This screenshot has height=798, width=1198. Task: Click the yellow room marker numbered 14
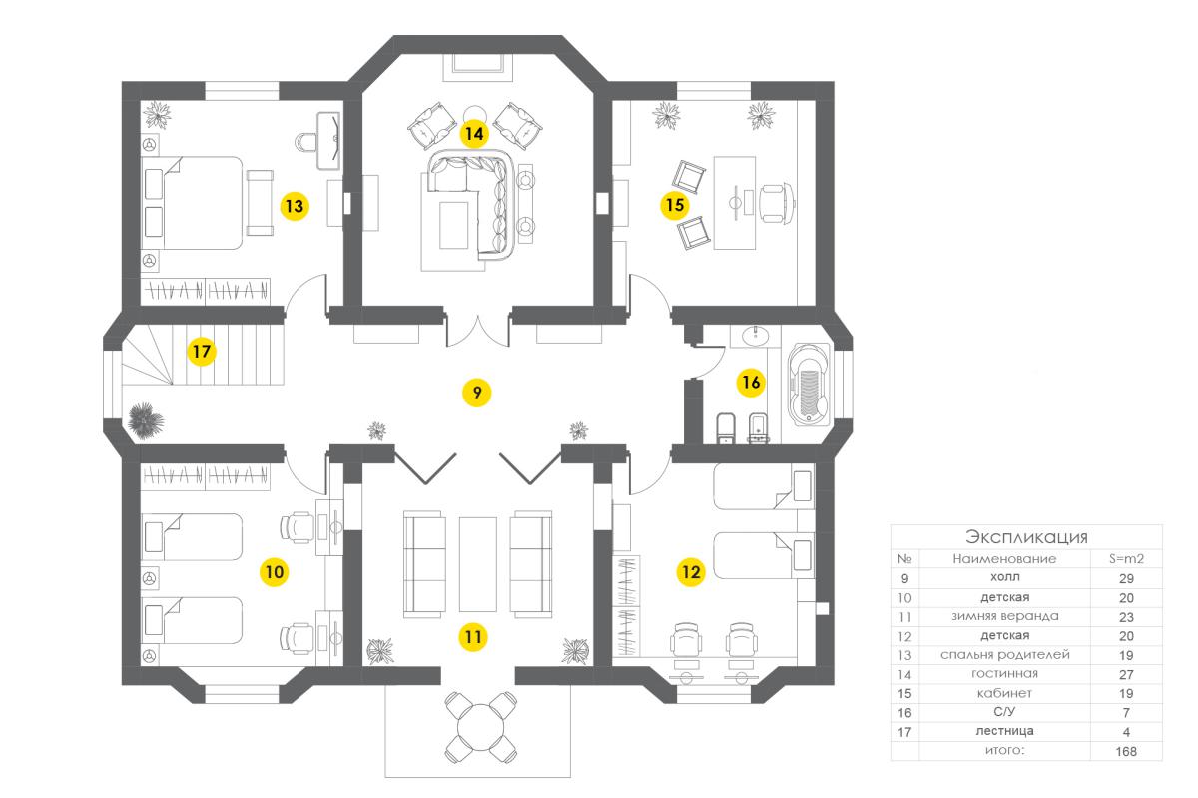[473, 132]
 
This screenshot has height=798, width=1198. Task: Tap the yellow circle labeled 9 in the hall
[477, 393]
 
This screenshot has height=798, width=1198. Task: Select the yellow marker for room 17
[203, 352]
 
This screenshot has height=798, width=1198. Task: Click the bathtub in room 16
[809, 385]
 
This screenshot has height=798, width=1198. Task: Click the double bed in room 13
[200, 202]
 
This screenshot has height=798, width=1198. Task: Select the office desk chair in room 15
[777, 201]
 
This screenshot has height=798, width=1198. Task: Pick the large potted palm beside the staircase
[146, 419]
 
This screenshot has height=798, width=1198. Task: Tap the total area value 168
[1127, 751]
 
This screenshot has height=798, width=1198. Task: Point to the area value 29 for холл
[1127, 578]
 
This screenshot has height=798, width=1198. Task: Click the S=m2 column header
[1127, 559]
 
